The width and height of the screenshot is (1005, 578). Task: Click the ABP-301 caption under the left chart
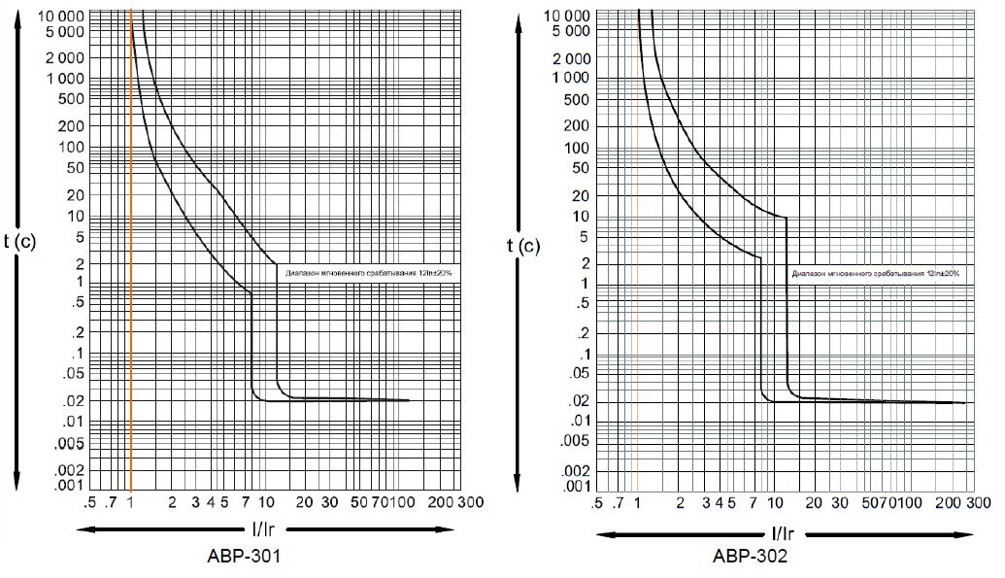[245, 557]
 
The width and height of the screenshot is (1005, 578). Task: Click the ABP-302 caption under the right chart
[750, 557]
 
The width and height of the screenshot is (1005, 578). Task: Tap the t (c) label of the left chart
[19, 242]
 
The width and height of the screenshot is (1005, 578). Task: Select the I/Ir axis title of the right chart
[783, 533]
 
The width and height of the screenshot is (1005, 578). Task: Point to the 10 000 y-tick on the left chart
[61, 17]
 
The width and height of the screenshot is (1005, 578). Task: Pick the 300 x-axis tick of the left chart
[472, 502]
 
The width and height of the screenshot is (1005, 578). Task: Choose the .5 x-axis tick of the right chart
[596, 503]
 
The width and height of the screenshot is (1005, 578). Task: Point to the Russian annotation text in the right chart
[875, 273]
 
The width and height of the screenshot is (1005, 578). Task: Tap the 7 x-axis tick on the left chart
[247, 502]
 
